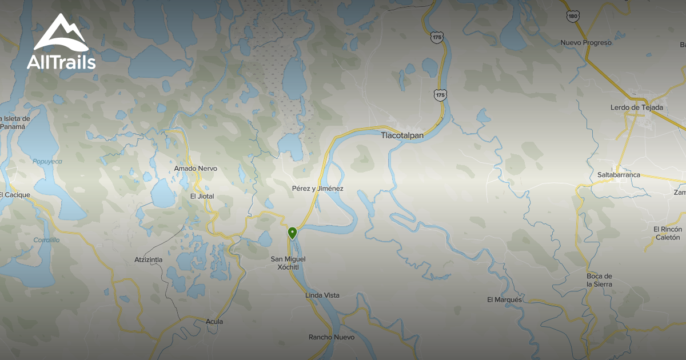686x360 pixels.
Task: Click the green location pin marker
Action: [x=292, y=233]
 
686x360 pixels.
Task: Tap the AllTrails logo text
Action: [x=61, y=62]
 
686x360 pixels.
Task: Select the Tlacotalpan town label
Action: [x=402, y=136]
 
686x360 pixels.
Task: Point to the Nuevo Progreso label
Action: [x=585, y=43]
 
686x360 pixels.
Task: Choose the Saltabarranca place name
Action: [x=619, y=175]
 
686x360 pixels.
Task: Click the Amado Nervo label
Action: [x=196, y=169]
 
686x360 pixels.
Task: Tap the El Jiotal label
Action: [x=202, y=197]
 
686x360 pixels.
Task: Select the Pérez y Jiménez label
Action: [x=317, y=189]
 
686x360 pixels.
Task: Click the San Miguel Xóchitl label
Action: [x=288, y=263]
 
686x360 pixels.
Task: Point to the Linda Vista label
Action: [x=322, y=295]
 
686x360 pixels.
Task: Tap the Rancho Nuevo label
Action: [x=332, y=337]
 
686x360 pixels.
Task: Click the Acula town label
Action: [x=214, y=322]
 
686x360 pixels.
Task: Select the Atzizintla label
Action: [x=148, y=259]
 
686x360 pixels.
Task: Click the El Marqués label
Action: [x=504, y=299]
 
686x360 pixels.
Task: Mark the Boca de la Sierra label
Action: [x=599, y=280]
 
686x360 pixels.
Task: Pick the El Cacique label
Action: [x=15, y=195]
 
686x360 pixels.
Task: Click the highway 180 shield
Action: [x=573, y=16]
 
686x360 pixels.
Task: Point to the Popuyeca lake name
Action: [x=47, y=161]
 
